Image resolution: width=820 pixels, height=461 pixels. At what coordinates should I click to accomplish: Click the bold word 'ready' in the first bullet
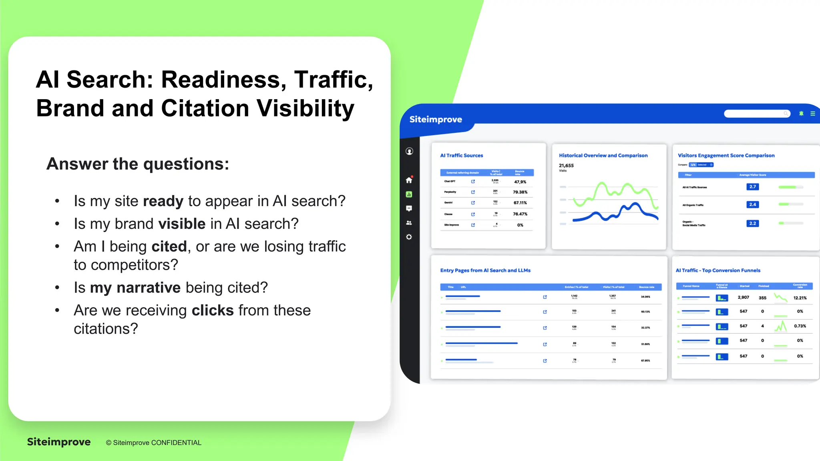(163, 201)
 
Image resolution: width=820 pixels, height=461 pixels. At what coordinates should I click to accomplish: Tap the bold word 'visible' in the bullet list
(182, 224)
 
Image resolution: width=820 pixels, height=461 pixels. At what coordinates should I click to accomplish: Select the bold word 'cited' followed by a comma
(169, 247)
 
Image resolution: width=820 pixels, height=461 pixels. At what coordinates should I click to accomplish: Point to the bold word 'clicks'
(213, 311)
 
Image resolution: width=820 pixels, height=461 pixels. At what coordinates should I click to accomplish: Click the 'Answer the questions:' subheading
(138, 164)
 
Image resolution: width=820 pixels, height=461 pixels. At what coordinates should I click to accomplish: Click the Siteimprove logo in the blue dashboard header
(436, 119)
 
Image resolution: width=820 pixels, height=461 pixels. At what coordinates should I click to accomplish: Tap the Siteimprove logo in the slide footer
(59, 442)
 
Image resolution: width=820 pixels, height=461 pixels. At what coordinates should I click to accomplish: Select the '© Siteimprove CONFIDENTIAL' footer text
(153, 443)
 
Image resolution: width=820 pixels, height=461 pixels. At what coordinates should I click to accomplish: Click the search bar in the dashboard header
(757, 114)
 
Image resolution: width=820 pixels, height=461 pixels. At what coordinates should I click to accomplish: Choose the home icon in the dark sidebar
(409, 180)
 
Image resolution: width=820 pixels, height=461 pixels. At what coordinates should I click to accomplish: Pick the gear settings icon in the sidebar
(409, 237)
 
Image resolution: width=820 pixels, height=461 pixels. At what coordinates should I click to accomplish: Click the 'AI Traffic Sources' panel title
(461, 156)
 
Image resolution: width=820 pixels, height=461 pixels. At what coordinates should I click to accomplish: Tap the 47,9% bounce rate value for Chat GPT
(520, 182)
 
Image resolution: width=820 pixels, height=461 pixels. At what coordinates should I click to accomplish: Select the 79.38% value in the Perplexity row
(520, 192)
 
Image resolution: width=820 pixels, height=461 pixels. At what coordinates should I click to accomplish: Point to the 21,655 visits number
(566, 165)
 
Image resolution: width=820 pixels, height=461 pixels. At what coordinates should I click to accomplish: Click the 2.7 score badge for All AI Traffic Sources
(753, 187)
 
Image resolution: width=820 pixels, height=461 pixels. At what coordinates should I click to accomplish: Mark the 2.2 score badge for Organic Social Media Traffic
(753, 223)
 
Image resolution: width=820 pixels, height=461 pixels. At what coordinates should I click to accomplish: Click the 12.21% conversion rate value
(800, 298)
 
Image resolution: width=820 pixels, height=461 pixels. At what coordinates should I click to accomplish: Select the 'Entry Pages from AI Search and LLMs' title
(485, 271)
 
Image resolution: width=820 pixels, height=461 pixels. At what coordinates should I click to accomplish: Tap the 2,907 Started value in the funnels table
(743, 297)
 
